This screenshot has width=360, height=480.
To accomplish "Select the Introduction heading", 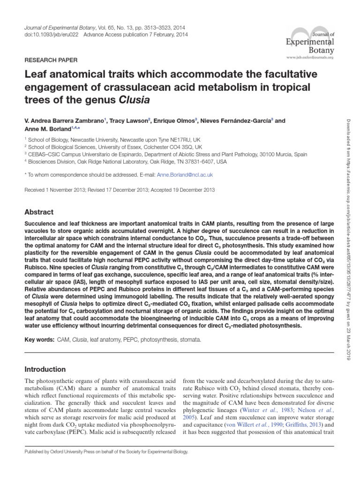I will click(x=45, y=369).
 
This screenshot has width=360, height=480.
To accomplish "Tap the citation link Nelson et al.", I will click(x=309, y=410).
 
